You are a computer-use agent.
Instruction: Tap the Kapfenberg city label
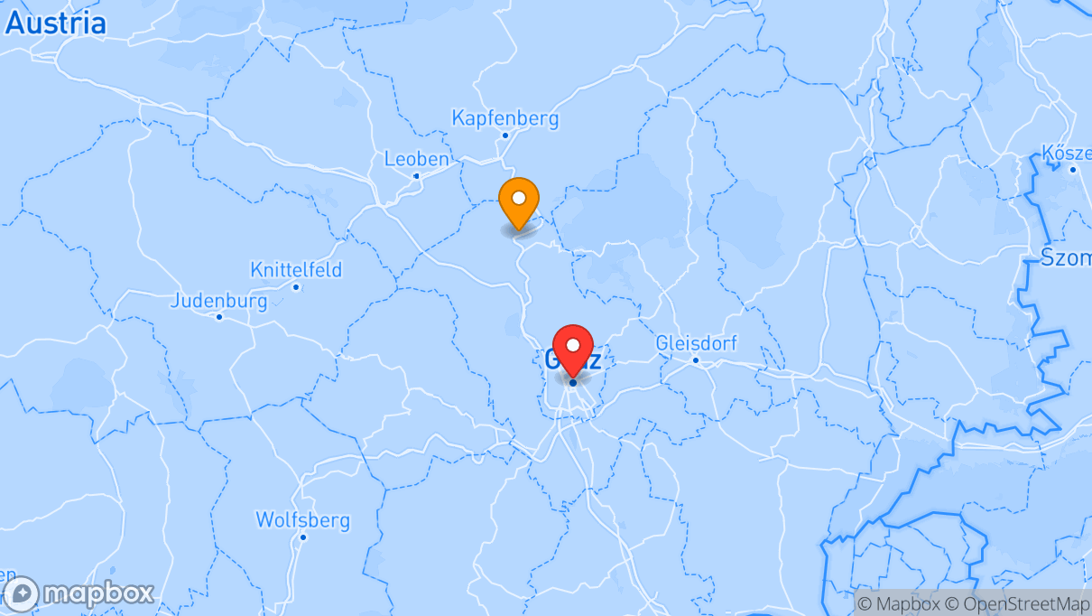(x=504, y=118)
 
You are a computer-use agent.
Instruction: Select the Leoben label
(x=416, y=159)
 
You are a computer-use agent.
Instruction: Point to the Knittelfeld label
(x=296, y=269)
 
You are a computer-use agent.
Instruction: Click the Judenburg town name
(x=218, y=301)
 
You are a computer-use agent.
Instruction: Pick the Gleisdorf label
(x=696, y=343)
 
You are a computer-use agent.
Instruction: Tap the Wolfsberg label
(x=302, y=520)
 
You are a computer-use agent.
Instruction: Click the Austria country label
(x=56, y=23)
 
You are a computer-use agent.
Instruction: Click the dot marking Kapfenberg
(x=505, y=136)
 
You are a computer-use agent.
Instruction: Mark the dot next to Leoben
(x=416, y=176)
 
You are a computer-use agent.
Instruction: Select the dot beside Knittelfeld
(x=296, y=287)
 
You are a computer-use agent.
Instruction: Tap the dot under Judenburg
(x=218, y=317)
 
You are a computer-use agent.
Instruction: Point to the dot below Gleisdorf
(x=696, y=360)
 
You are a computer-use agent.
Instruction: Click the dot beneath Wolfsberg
(x=303, y=537)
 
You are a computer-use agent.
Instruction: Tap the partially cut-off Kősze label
(x=1065, y=152)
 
